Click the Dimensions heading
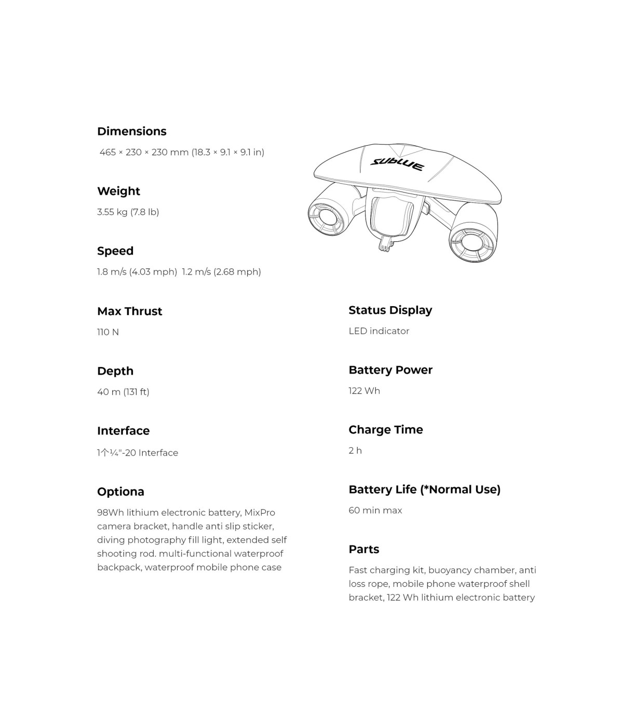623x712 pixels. point(131,131)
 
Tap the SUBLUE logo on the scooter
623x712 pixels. point(397,164)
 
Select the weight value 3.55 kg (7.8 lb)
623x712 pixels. point(128,212)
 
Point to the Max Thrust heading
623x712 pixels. point(129,311)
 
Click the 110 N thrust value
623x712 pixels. point(108,332)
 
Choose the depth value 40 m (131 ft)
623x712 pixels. point(123,392)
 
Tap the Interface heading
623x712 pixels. point(123,431)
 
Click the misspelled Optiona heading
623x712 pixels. point(120,491)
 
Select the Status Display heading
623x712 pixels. point(390,310)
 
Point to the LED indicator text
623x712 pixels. point(378,331)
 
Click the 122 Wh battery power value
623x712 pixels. point(364,391)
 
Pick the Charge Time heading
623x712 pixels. point(385,430)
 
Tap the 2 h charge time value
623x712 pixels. point(355,450)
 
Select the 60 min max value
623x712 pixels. point(375,510)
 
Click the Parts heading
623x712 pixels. point(363,549)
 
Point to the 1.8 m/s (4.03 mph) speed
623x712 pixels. point(137,271)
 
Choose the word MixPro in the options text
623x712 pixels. point(259,513)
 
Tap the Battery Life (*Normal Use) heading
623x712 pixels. point(424,489)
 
